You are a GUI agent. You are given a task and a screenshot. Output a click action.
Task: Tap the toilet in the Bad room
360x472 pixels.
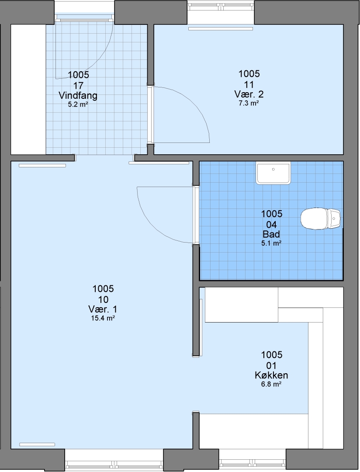[x=321, y=218]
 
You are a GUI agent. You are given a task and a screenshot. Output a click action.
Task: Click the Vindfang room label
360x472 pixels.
[x=78, y=96]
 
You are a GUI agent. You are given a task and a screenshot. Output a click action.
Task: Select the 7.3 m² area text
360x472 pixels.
[x=249, y=103]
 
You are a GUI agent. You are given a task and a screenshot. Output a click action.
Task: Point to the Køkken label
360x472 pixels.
[x=271, y=375]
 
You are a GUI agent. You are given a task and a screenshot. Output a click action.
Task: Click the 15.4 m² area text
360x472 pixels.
[x=103, y=318]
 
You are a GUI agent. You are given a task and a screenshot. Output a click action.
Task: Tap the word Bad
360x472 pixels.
[x=271, y=234]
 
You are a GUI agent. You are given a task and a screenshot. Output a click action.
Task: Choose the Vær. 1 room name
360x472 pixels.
[x=103, y=309]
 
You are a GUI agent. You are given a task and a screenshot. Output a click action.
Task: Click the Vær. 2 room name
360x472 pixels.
[x=249, y=94]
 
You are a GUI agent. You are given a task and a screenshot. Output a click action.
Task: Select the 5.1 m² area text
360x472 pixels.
[x=271, y=243]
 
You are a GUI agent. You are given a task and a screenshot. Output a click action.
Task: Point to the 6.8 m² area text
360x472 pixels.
[x=271, y=384]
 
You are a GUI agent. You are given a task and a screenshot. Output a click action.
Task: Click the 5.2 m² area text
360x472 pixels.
[x=78, y=105]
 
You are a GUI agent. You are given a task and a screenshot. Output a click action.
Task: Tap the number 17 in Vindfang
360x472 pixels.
[x=78, y=86]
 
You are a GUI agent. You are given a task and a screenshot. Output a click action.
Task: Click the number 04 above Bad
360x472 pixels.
[x=271, y=224]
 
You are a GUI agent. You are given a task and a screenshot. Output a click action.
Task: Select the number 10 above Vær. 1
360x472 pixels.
[x=103, y=299]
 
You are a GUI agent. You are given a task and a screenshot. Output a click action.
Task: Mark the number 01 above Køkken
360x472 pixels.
[x=271, y=365]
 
